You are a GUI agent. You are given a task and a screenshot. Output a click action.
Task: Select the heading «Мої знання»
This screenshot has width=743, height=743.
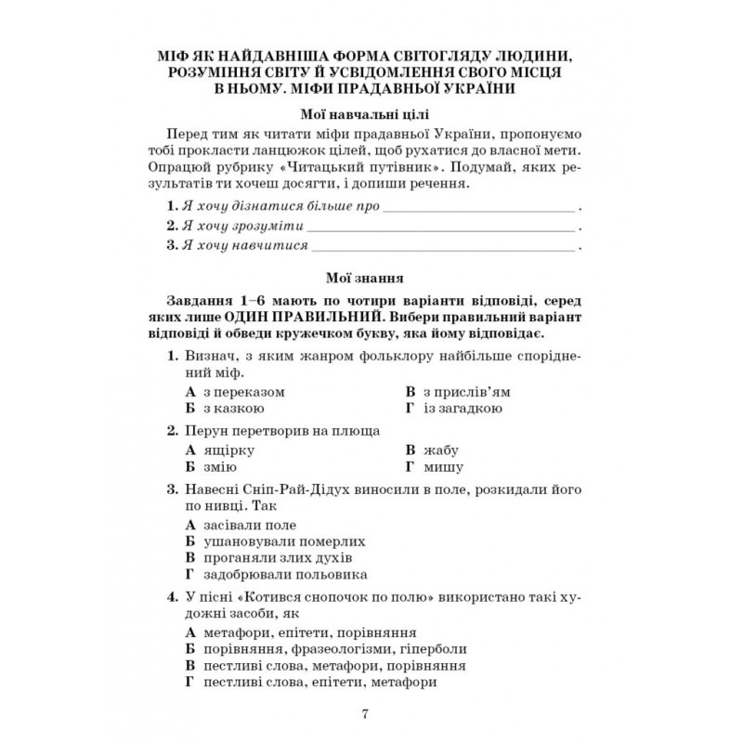coord(370,277)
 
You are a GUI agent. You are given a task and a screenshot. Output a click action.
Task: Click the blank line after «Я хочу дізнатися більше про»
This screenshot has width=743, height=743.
coord(479,204)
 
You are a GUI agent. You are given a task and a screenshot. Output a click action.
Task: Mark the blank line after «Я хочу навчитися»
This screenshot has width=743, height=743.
coord(442,247)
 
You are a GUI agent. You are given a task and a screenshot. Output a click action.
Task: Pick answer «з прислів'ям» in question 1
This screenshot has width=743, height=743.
coord(464,391)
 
